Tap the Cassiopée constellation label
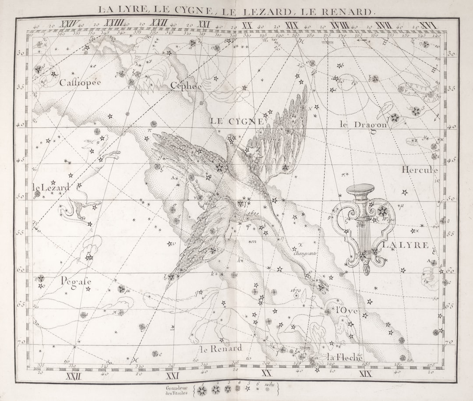click(80, 83)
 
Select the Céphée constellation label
click(186, 86)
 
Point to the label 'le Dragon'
click(364, 124)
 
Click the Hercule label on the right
click(420, 170)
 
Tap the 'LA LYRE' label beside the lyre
click(406, 245)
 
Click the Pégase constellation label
click(76, 281)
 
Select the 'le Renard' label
click(221, 349)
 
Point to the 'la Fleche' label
click(345, 357)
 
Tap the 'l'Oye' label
click(347, 311)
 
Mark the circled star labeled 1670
click(297, 296)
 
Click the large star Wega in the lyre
click(382, 212)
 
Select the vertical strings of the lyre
click(363, 237)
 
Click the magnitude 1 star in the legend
click(202, 390)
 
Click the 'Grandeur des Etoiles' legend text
click(176, 390)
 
